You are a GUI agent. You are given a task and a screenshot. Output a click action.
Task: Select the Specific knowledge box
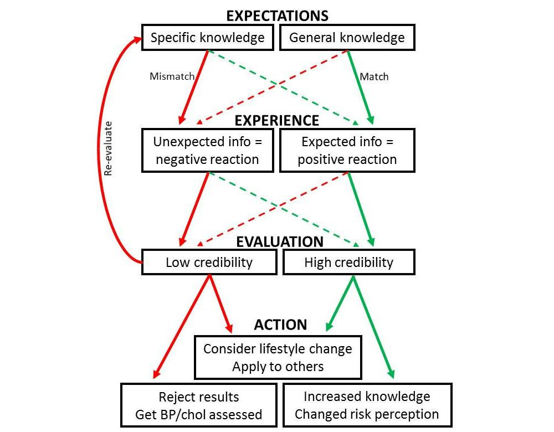coord(208,38)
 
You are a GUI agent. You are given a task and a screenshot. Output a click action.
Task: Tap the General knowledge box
coord(347,38)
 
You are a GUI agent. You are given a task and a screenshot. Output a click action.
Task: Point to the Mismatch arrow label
coord(172,76)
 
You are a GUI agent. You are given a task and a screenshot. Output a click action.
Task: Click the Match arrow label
coord(374,76)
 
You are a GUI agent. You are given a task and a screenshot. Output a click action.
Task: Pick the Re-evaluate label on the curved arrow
coord(109,149)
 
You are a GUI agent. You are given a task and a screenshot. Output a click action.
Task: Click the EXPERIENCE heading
coord(276,121)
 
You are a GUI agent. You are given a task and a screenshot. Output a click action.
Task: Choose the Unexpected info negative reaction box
coord(208,150)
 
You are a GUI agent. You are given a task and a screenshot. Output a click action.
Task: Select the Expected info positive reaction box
coord(347,150)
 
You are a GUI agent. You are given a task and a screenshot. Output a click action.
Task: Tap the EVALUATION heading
coord(280,242)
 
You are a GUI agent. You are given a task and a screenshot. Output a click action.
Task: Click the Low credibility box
coord(209,262)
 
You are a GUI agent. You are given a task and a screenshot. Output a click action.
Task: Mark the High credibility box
coord(348,262)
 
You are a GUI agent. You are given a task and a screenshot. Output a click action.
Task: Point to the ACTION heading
coord(280,325)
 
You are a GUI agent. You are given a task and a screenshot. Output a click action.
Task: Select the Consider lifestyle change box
coord(278,357)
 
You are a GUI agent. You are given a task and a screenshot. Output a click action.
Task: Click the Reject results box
coord(198,405)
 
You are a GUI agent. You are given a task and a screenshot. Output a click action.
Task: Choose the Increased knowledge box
coord(367,405)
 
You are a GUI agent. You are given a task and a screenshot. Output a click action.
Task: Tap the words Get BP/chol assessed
coord(198,415)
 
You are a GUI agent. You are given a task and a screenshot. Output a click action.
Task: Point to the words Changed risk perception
coord(367,414)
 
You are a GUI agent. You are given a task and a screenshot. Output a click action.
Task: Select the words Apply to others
coord(278,366)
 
